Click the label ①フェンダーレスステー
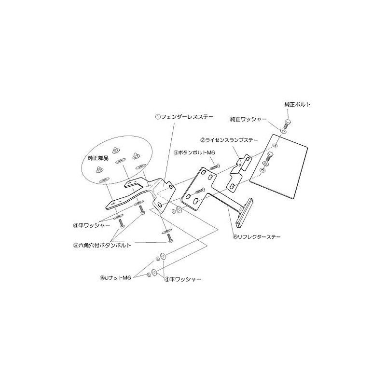(178, 116)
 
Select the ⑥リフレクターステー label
(256, 237)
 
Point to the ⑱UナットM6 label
(116, 278)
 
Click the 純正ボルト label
(298, 104)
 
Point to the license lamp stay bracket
(241, 167)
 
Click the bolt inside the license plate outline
(269, 155)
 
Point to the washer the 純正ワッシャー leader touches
(283, 131)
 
